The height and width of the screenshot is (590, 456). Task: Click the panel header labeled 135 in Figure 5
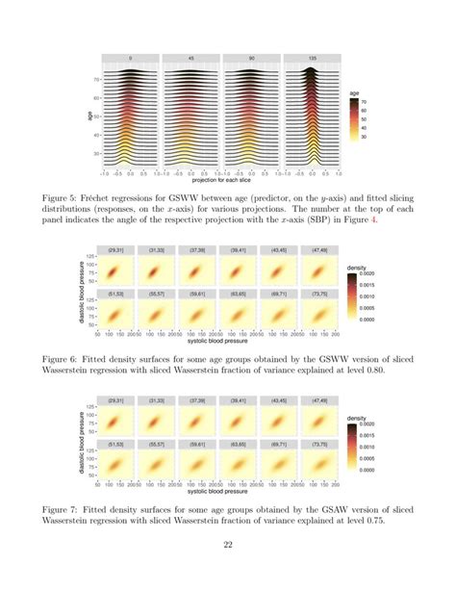[314, 57]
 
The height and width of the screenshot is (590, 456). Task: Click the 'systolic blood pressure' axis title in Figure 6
[218, 343]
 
